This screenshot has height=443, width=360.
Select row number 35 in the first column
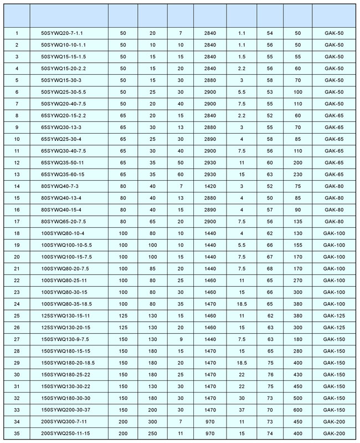(x=17, y=433)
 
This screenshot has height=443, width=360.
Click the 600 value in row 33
(x=298, y=410)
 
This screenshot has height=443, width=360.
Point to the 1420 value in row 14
(x=210, y=186)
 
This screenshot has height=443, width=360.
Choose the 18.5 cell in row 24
(x=241, y=304)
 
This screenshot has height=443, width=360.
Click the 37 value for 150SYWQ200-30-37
(x=241, y=410)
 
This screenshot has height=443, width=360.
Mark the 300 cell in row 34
(x=152, y=421)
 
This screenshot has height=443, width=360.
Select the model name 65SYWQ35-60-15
(x=65, y=175)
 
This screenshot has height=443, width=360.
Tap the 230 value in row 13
(x=298, y=175)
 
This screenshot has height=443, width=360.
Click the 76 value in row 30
(x=270, y=374)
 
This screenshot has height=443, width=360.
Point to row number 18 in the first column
(x=17, y=233)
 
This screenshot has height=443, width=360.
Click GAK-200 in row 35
(x=335, y=433)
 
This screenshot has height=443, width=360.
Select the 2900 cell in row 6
(x=210, y=92)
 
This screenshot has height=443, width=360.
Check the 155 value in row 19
(x=298, y=245)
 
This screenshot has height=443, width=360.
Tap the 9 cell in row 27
(x=181, y=339)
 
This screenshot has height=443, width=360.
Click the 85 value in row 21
(x=152, y=268)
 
